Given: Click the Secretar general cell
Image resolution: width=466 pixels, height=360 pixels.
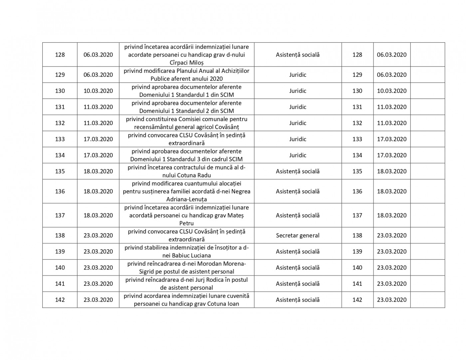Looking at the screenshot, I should point(298,236).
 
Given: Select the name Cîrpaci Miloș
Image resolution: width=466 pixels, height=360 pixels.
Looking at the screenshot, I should point(186,63).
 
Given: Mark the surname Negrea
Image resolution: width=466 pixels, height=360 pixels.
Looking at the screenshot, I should point(241,191).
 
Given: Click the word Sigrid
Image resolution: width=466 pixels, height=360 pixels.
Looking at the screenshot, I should point(147,271).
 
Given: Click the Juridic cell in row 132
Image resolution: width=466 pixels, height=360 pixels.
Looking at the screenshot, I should point(298,123).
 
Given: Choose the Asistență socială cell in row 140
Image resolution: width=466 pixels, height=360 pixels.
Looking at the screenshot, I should point(298,268).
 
